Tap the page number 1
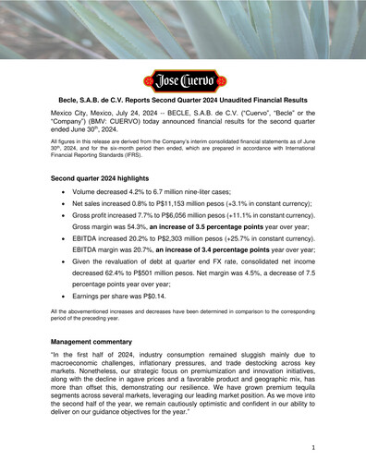pos(314,446)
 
